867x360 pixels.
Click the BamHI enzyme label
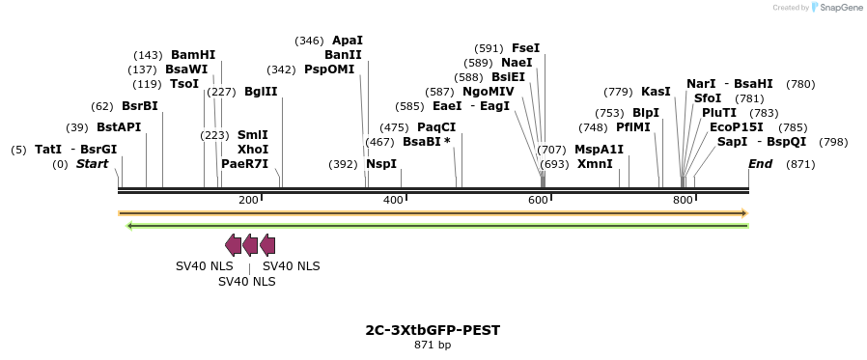coord(193,55)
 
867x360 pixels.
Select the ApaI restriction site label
coord(348,41)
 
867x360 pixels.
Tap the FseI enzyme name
coord(525,48)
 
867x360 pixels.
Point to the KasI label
coord(656,92)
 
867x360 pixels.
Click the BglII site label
coord(261,92)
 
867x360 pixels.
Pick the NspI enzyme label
coord(381,164)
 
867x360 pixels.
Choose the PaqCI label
coord(436,127)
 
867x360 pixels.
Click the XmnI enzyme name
coord(595,164)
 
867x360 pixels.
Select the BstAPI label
coord(119,127)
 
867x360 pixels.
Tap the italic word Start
coord(93,164)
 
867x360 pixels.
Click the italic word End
coord(760,164)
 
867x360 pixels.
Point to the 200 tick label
coord(247,200)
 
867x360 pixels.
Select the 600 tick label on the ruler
coord(537,200)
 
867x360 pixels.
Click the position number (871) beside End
coord(800,164)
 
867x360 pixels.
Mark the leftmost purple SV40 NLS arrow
coord(233,245)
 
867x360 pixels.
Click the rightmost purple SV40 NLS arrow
coord(267,245)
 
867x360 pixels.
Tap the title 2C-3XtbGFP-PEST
coord(433,330)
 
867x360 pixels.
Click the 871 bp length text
coord(433,345)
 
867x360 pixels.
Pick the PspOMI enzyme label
coord(329,69)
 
